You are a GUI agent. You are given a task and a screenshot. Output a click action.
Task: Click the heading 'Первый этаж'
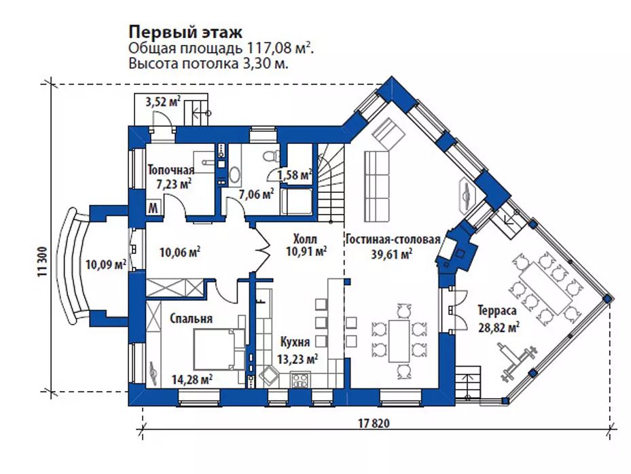tap(185, 31)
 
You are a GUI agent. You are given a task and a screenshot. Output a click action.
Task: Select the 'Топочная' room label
tap(171, 170)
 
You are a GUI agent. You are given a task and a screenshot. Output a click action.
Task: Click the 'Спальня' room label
tap(191, 318)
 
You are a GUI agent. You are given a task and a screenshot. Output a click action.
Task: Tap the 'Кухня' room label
tap(295, 342)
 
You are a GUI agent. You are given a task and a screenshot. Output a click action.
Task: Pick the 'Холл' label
tap(305, 239)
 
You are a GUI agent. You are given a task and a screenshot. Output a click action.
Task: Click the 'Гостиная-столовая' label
tap(393, 240)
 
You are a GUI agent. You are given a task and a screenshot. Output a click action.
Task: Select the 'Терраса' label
tap(497, 310)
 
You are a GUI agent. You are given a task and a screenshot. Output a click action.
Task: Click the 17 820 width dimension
tap(374, 424)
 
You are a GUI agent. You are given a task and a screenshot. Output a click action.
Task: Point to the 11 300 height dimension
tap(43, 262)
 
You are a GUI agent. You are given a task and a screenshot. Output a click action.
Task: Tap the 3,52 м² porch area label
tap(162, 102)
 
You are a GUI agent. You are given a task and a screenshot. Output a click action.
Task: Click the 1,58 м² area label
tap(295, 175)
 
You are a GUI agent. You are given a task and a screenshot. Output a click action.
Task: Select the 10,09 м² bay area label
tap(106, 265)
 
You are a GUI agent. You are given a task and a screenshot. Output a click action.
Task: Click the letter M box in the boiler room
tap(153, 208)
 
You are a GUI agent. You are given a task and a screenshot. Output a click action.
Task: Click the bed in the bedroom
tap(219, 349)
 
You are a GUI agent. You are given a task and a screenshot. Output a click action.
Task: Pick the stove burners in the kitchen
tap(300, 380)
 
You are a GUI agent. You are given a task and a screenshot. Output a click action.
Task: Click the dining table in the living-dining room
tap(399, 341)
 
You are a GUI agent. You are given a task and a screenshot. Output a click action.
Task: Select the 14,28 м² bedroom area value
tap(192, 379)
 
